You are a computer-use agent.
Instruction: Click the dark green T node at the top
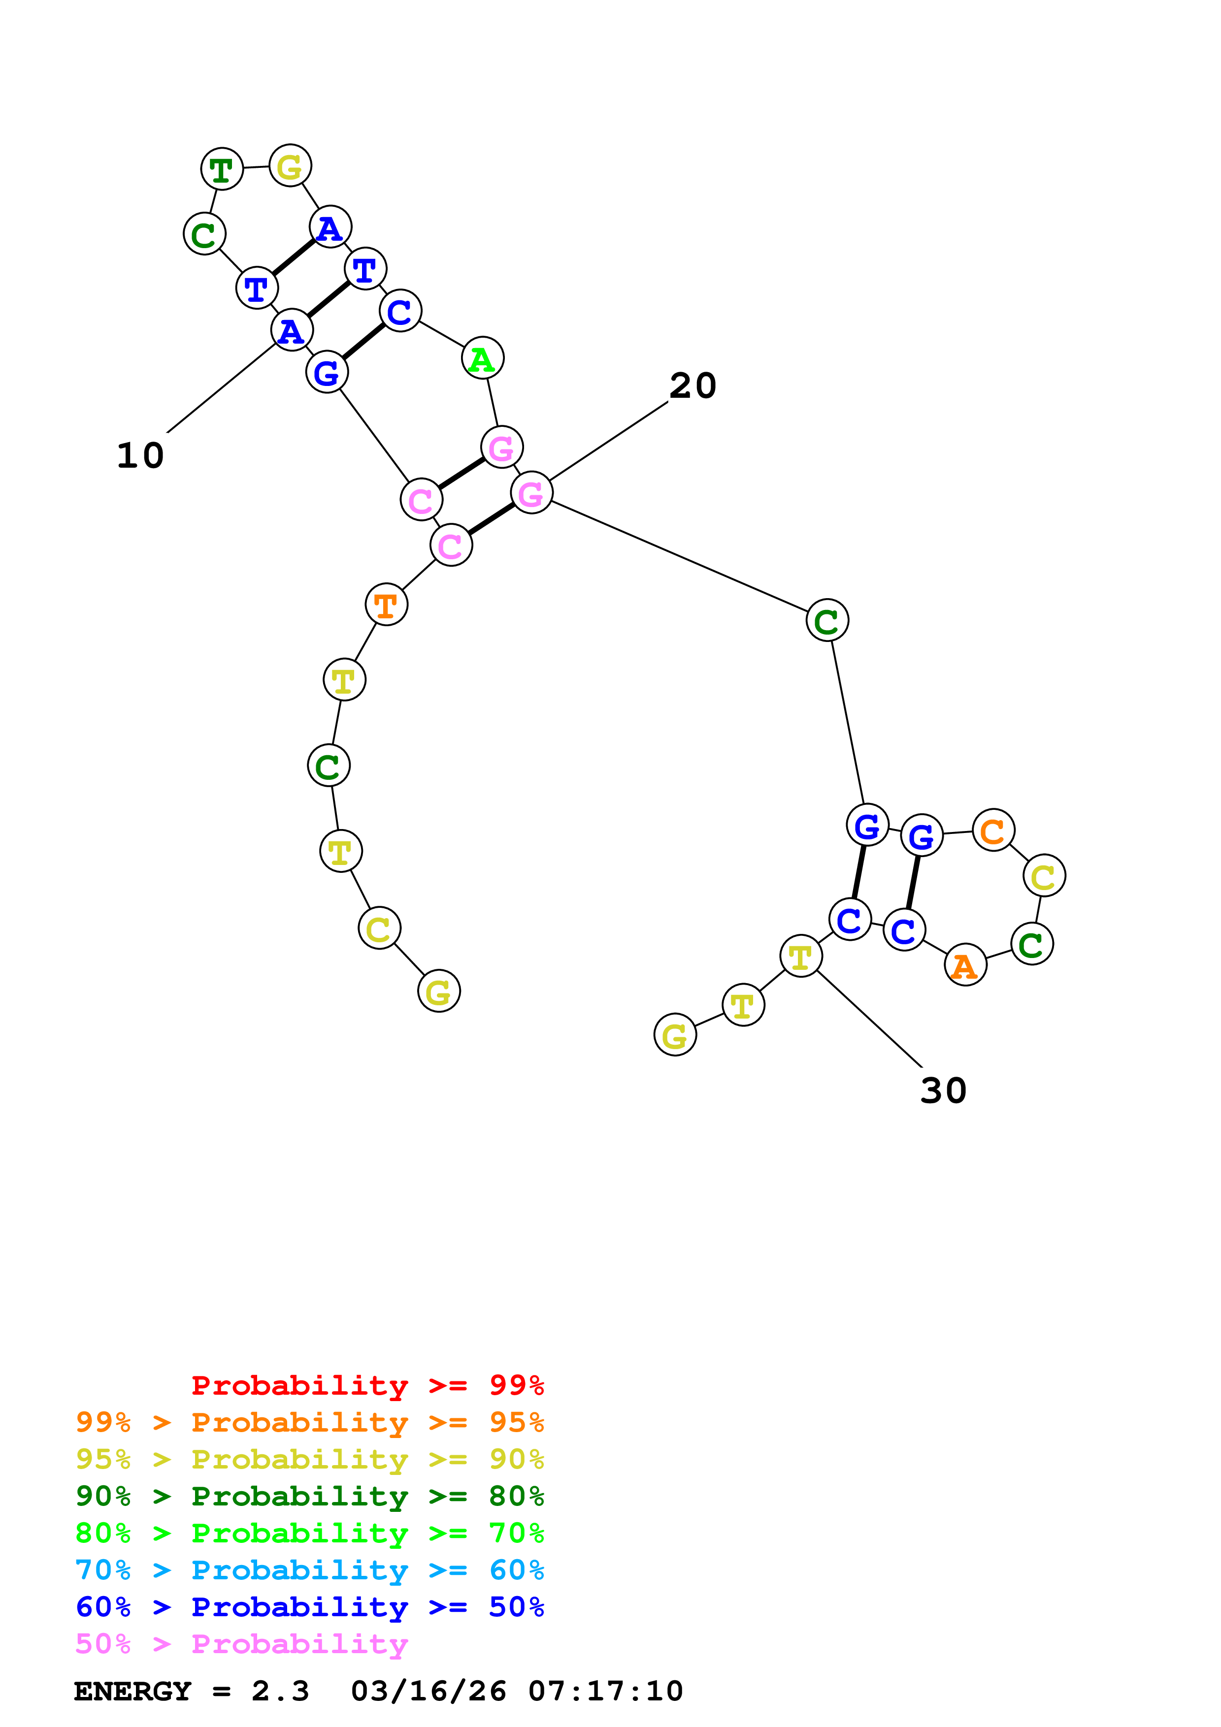222,169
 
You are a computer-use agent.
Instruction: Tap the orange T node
386,604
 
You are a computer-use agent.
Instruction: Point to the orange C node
993,831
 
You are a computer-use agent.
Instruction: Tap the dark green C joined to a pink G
827,620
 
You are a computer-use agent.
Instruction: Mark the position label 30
943,1090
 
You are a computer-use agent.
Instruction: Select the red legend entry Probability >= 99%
367,1385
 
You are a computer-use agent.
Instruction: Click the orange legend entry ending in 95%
310,1422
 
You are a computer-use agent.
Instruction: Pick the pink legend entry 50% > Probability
241,1643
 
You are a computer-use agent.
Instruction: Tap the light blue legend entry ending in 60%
310,1570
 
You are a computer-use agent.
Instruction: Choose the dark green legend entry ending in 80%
310,1496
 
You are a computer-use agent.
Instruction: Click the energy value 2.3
280,1692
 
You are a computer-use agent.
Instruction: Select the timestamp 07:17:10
606,1692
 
